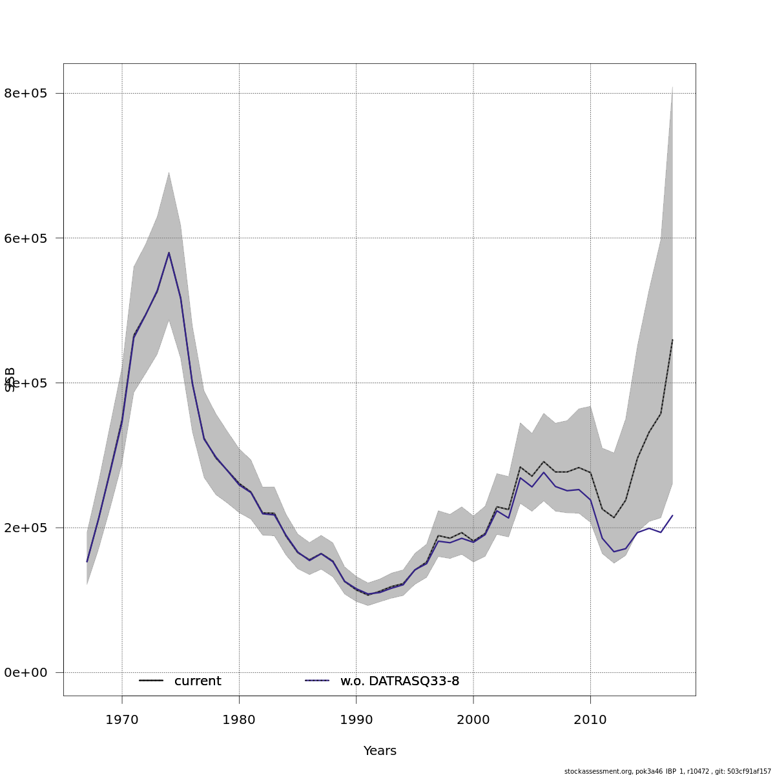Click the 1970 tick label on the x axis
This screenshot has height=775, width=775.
tap(122, 719)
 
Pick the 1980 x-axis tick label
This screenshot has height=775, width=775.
tap(239, 719)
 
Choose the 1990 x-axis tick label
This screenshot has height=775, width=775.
tap(356, 719)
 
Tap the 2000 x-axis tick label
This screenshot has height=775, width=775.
tap(473, 719)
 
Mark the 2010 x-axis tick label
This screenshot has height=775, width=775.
tap(590, 719)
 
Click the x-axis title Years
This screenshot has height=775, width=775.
tap(380, 751)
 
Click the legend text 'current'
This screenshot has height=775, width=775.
tap(198, 681)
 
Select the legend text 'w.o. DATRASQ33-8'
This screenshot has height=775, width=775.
tap(400, 681)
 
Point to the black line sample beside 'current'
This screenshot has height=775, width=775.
tap(151, 681)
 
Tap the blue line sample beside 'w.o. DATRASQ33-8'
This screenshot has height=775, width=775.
tap(317, 681)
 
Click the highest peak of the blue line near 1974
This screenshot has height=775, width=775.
tap(169, 253)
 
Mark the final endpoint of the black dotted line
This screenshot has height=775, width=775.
tap(672, 340)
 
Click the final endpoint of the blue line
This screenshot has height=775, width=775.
tap(672, 515)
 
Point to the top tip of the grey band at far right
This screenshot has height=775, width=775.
tap(672, 86)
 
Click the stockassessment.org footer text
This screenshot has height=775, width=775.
tap(668, 771)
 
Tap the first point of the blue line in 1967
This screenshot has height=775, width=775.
tap(87, 561)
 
